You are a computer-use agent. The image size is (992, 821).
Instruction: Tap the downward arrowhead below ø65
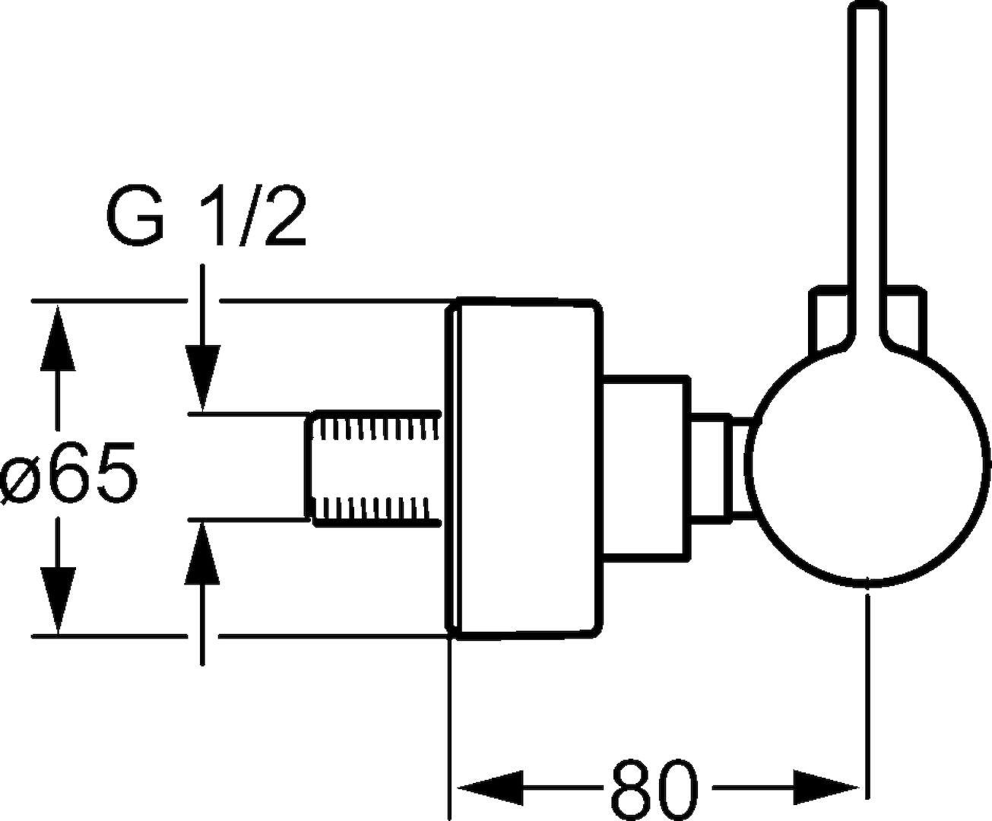click(57, 604)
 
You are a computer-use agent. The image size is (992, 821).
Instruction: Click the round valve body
click(867, 468)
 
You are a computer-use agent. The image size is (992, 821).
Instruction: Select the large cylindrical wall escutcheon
click(525, 468)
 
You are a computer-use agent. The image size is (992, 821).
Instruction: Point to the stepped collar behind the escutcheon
click(646, 468)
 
